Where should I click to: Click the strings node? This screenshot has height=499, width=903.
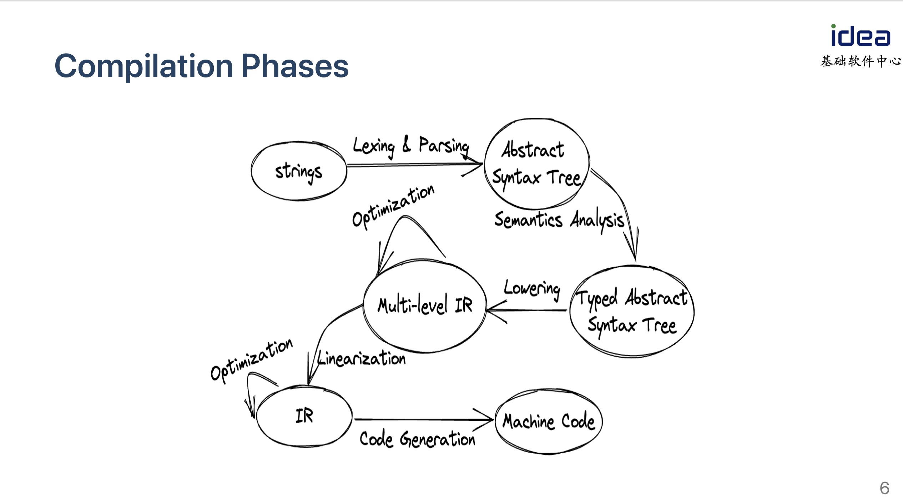(x=298, y=171)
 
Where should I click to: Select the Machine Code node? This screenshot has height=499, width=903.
(x=549, y=422)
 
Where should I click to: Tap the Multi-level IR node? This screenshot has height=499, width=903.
(x=425, y=306)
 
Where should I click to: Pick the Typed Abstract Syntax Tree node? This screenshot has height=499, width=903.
(x=632, y=311)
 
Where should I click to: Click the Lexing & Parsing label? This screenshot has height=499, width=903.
(x=410, y=146)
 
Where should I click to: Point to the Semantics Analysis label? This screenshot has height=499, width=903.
(x=559, y=220)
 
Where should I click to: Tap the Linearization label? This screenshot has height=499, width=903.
(x=362, y=358)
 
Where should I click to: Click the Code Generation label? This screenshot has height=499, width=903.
(x=417, y=439)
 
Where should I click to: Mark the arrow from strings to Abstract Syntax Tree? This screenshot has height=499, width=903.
(x=414, y=165)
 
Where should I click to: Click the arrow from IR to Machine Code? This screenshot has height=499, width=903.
(x=423, y=419)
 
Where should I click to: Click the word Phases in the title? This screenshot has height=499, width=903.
(x=295, y=66)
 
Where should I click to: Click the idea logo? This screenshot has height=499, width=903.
(x=860, y=36)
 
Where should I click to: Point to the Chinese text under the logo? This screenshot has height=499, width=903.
(x=861, y=61)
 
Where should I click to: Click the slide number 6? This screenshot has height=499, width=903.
(x=884, y=488)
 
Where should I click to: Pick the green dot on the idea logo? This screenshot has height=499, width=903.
(x=833, y=26)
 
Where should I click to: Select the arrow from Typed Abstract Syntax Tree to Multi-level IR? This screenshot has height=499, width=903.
(x=526, y=310)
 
